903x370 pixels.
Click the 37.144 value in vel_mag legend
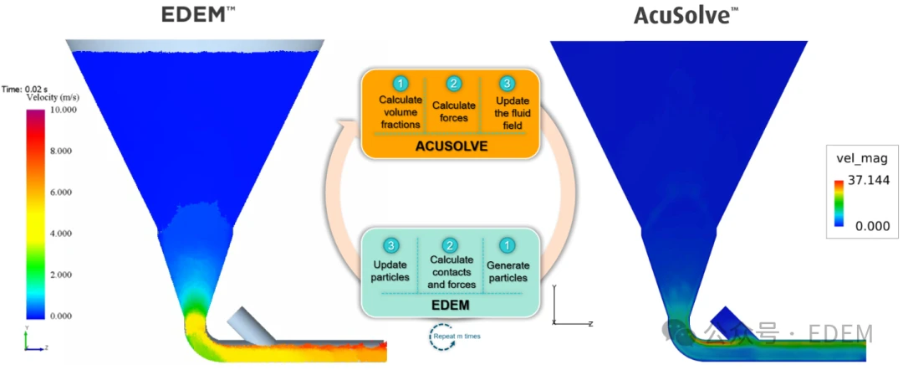[868, 180]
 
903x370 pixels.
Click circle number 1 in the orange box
[400, 84]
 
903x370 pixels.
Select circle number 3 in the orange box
[507, 84]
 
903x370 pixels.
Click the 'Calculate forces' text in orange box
[453, 111]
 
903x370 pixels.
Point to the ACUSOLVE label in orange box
[451, 146]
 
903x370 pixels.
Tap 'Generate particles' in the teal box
[507, 272]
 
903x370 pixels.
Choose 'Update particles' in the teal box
[390, 272]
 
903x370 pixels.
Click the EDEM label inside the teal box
[451, 306]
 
